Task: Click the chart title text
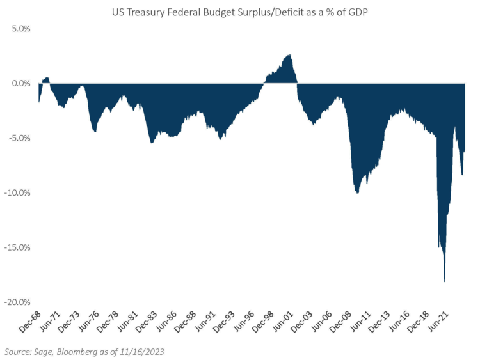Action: [239, 11]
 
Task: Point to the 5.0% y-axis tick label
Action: [19, 29]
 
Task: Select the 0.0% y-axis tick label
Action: [19, 83]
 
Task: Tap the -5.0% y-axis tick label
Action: [18, 138]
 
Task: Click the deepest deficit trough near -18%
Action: [444, 281]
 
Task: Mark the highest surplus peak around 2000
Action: [290, 56]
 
